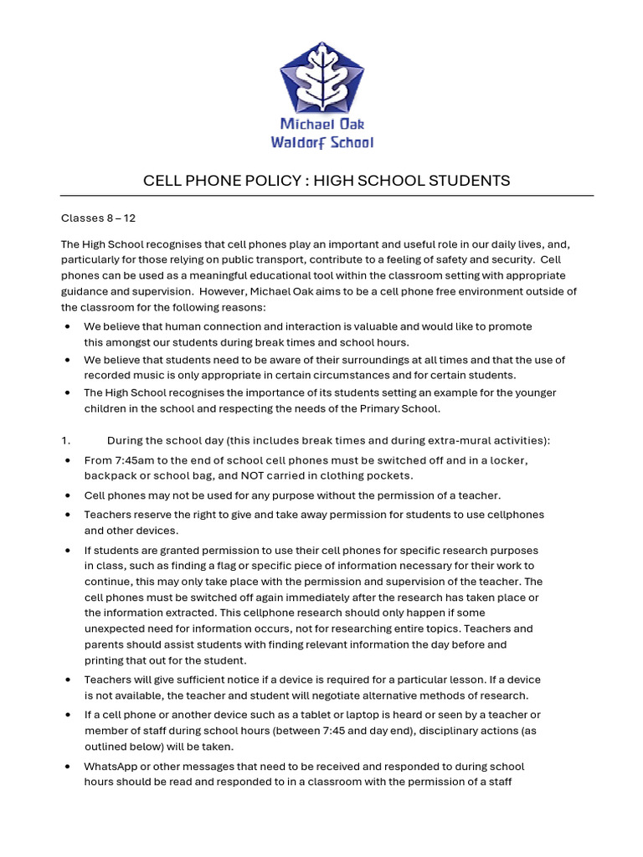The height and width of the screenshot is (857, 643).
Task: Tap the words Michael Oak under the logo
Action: click(x=321, y=125)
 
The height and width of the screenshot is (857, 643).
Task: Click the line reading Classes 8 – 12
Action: click(x=98, y=218)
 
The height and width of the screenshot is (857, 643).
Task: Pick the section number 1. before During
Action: click(x=65, y=441)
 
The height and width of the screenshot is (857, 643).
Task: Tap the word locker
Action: click(x=508, y=460)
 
